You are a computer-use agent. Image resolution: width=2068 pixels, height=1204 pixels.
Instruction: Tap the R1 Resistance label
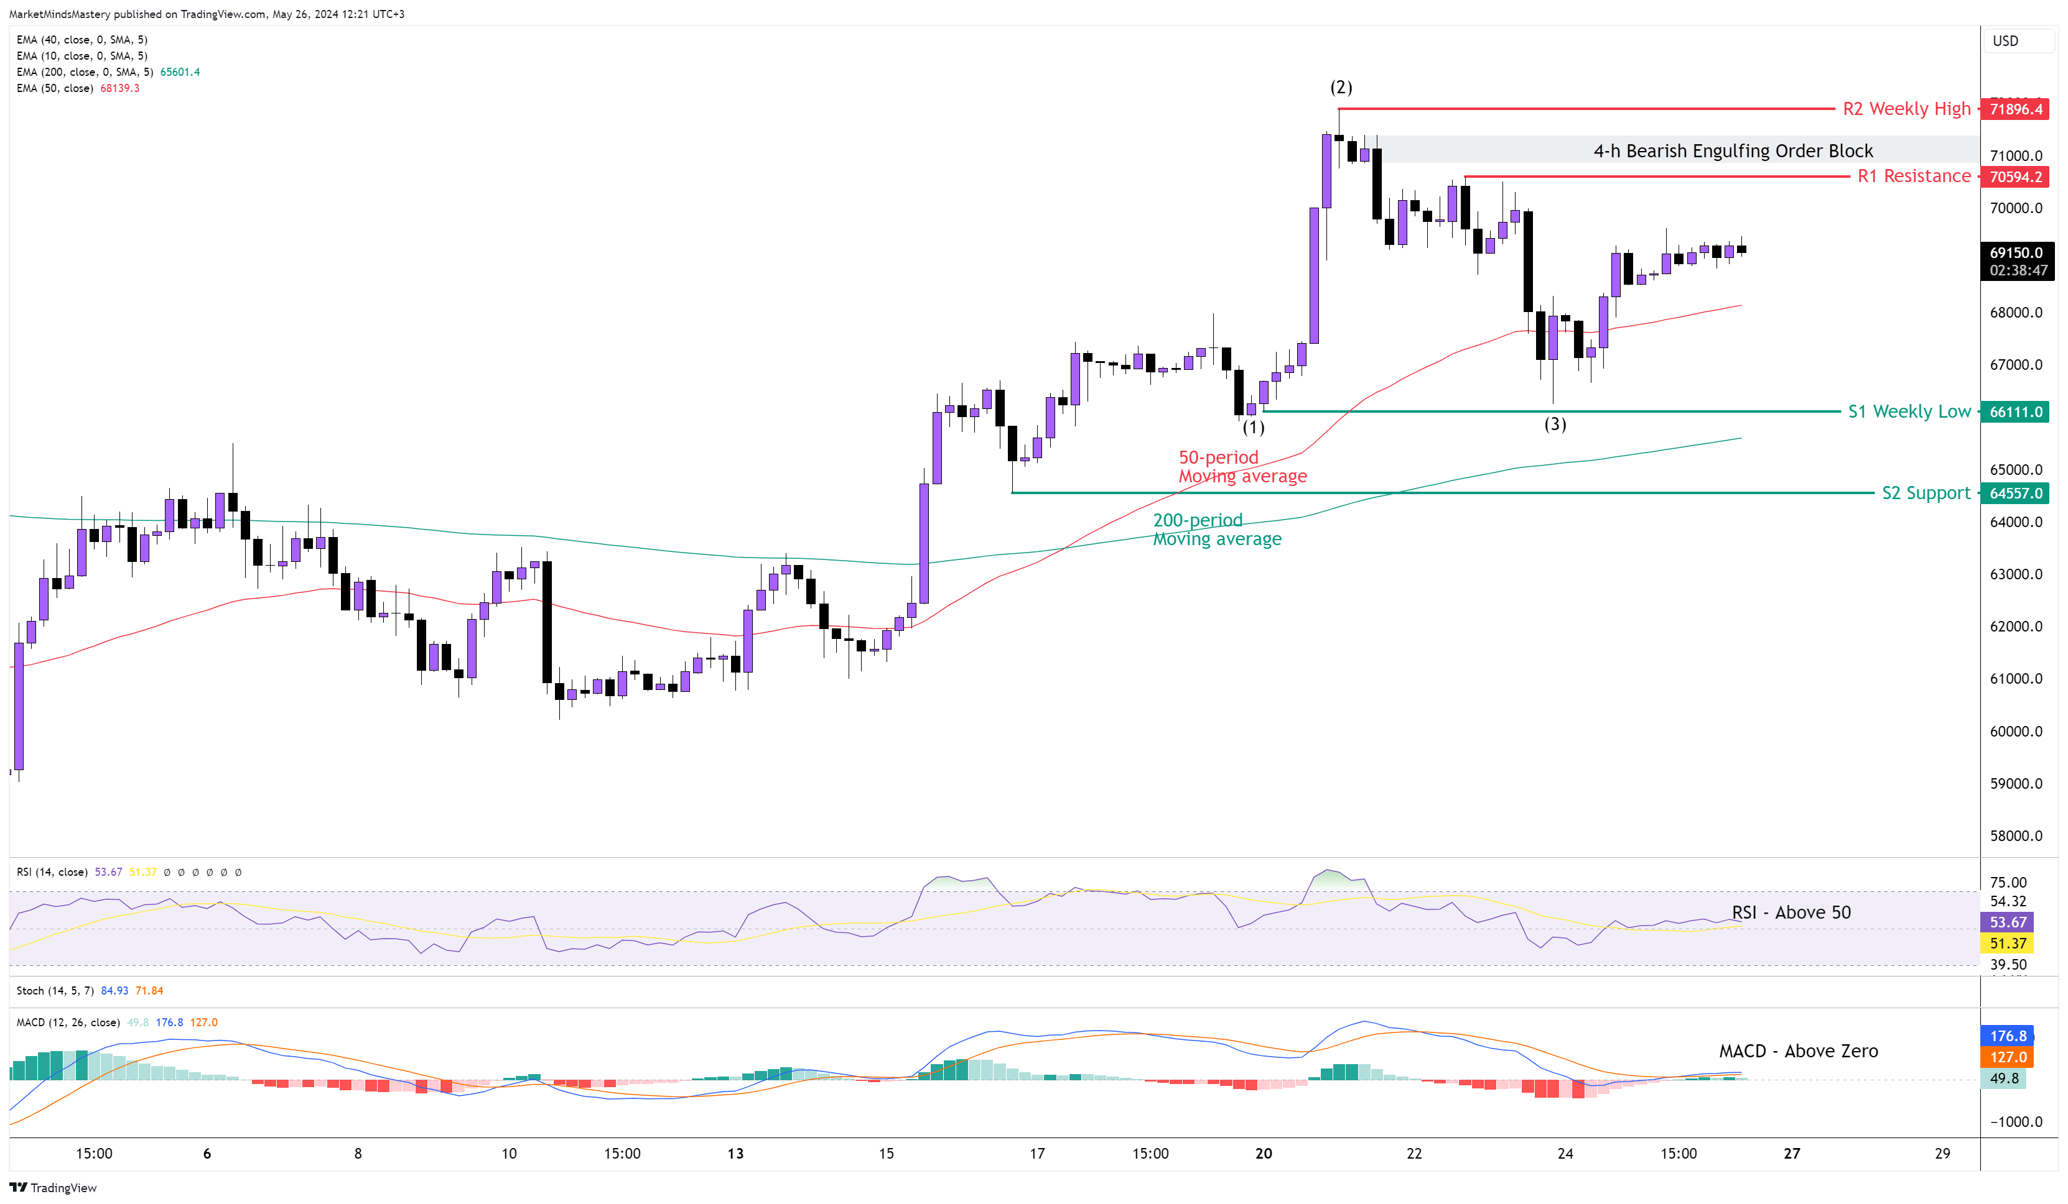coord(1913,177)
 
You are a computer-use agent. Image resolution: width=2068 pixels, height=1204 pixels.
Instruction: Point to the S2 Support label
coord(1925,493)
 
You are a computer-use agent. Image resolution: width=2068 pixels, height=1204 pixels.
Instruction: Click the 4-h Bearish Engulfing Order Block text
coord(1733,151)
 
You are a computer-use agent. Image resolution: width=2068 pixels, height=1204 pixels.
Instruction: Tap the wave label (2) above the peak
coord(1341,87)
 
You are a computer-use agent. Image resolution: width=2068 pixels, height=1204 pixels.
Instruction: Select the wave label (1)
coord(1253,427)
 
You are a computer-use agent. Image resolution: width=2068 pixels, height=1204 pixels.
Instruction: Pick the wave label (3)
coord(1555,424)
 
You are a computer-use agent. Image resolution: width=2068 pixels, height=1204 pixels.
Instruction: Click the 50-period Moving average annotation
coord(1242,467)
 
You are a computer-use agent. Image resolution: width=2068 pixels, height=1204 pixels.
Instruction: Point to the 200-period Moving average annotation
coord(1216,530)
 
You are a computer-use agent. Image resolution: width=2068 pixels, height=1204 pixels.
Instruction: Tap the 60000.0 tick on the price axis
coord(2016,732)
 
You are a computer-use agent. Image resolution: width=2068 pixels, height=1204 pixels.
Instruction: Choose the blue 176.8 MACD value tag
coord(2007,1036)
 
